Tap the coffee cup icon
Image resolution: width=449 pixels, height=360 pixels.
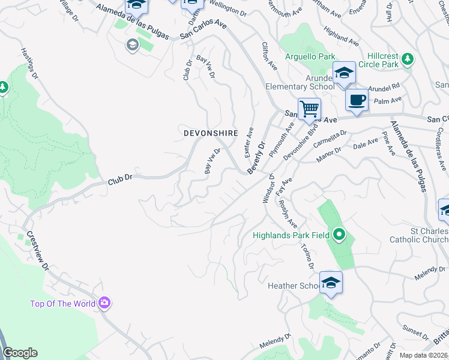(357, 100)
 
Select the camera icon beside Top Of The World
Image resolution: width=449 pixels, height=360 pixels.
(105, 303)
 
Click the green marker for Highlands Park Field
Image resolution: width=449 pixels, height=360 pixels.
(339, 235)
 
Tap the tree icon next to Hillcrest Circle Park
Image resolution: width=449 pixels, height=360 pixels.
(408, 59)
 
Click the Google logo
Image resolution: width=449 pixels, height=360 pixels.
(20, 353)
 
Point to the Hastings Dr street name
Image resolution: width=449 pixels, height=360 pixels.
(29, 64)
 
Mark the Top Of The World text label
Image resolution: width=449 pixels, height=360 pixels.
(62, 304)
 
